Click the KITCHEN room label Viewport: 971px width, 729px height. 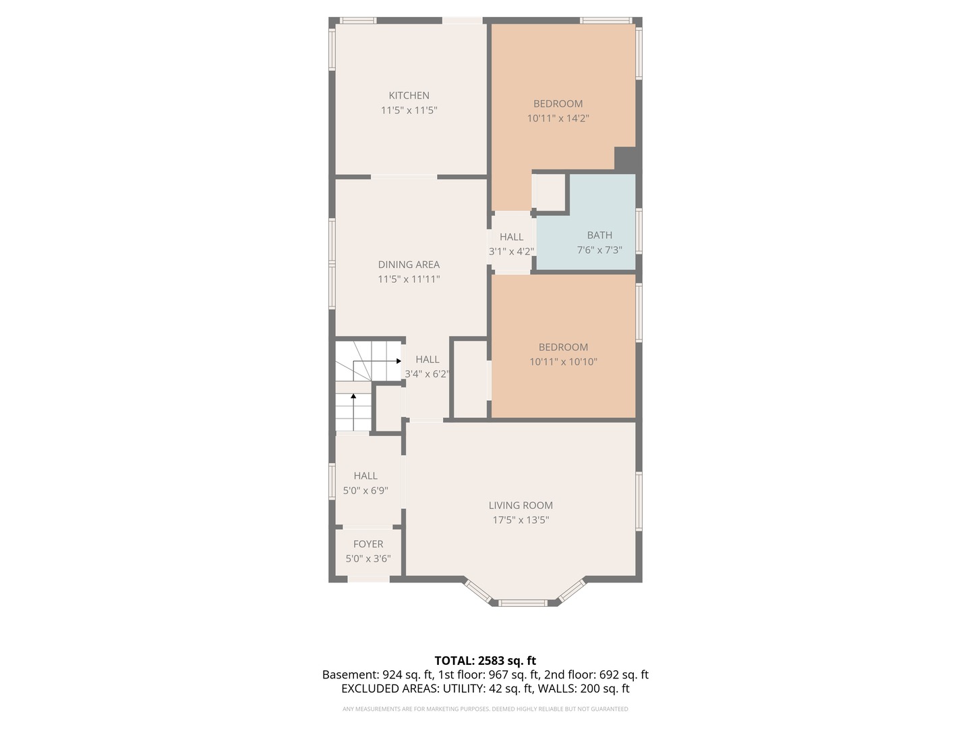click(x=409, y=96)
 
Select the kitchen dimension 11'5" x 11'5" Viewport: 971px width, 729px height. click(x=409, y=110)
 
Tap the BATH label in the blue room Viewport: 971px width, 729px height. click(x=599, y=236)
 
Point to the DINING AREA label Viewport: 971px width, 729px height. click(x=409, y=265)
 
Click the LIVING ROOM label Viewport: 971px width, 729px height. click(x=521, y=506)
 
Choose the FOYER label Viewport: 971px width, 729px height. click(x=368, y=544)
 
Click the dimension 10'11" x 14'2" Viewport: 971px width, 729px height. click(x=558, y=118)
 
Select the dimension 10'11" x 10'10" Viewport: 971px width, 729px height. click(x=563, y=362)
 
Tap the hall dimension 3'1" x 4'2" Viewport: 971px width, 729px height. click(x=511, y=251)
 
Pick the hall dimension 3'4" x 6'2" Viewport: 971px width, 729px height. click(x=427, y=374)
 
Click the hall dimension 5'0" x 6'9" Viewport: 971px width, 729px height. click(x=365, y=491)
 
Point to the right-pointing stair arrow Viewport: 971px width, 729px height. click(x=398, y=361)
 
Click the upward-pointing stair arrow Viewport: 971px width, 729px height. click(x=353, y=398)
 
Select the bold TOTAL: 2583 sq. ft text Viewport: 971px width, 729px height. click(x=485, y=660)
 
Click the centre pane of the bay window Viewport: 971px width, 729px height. click(x=522, y=602)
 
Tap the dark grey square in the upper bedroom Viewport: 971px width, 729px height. click(x=627, y=159)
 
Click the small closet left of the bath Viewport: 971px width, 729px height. click(x=550, y=192)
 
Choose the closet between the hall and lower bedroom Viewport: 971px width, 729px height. click(x=470, y=379)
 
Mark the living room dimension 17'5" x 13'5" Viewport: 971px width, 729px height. click(x=521, y=520)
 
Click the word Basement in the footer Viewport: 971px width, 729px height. click(x=349, y=674)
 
